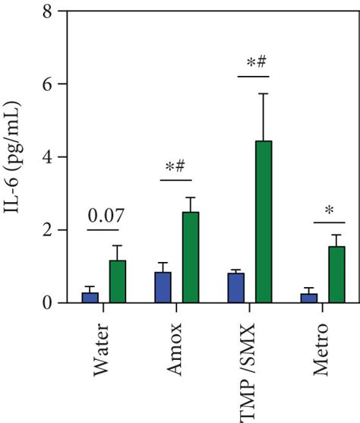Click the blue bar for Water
pyautogui.click(x=90, y=298)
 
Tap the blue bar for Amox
pyautogui.click(x=163, y=287)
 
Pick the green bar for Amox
pyautogui.click(x=190, y=257)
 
